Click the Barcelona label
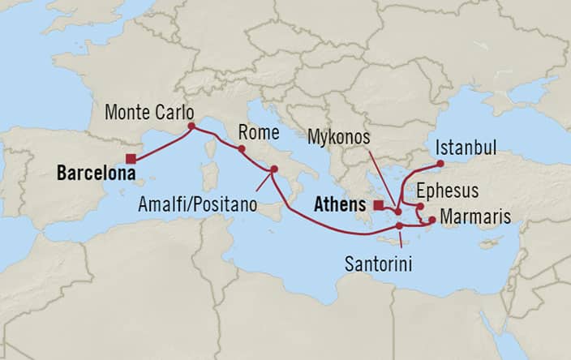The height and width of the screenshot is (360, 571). coord(95,173)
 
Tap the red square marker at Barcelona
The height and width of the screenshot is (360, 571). coord(131,160)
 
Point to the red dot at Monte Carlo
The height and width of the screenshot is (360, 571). coord(191,126)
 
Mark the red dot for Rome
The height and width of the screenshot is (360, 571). coord(241,149)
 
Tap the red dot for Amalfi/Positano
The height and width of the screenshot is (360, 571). coord(273,169)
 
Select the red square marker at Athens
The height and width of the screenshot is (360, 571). coord(379,205)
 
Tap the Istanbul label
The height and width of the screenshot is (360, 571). coord(466,148)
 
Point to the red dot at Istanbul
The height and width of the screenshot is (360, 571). coord(440,165)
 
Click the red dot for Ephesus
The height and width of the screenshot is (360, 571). coord(420,207)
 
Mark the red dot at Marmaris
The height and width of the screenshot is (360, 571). coord(432,220)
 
